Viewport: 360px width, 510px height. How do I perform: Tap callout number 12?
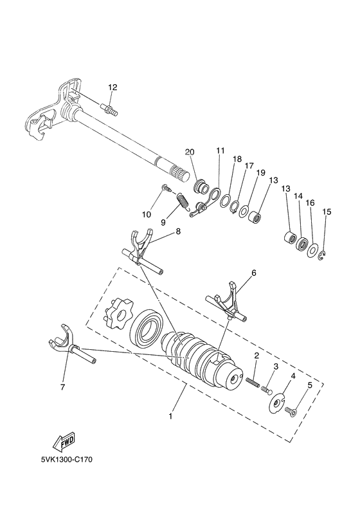(113, 87)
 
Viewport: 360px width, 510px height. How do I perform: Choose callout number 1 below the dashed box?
(170, 416)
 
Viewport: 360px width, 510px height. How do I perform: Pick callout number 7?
(62, 387)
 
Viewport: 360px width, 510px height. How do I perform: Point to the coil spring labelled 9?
(184, 205)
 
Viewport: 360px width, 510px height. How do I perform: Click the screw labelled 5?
(290, 410)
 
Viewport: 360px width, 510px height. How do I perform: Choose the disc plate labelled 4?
(276, 403)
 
